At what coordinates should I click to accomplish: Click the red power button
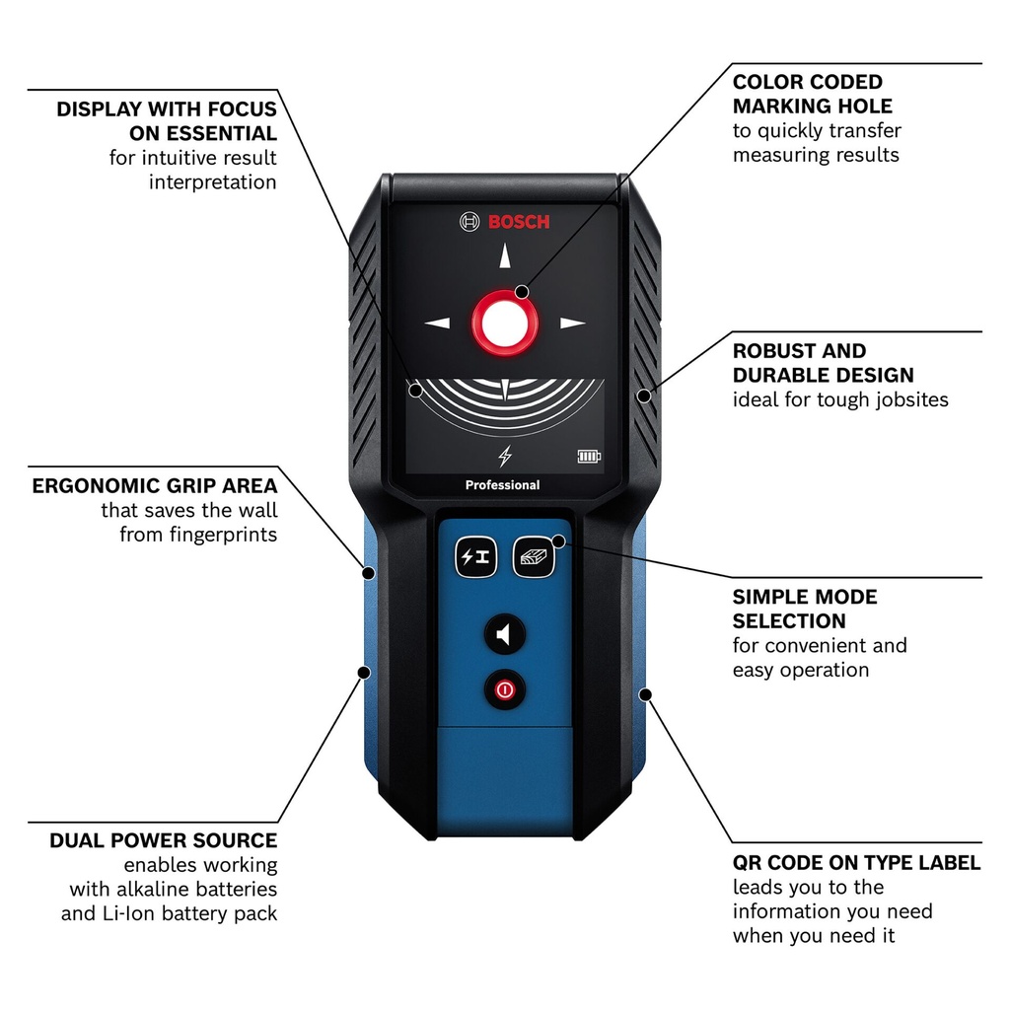coord(505,689)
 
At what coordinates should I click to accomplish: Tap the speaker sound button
coord(505,634)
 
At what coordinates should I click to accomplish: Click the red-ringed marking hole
coord(505,323)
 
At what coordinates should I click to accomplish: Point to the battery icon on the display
coord(589,457)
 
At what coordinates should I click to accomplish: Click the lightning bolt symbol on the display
coord(505,456)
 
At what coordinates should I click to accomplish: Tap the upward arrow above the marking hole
coord(505,256)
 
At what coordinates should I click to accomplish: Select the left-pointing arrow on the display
coord(437,323)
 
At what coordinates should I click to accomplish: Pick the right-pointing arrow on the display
coord(572,323)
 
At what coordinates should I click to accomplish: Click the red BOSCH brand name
coord(519,222)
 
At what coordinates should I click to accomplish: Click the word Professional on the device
coord(503,485)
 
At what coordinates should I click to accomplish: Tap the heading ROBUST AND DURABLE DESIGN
coord(823,363)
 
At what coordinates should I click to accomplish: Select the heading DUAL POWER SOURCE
coord(164,840)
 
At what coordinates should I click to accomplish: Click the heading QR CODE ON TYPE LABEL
coord(856,863)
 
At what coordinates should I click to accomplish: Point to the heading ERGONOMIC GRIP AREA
coord(155,485)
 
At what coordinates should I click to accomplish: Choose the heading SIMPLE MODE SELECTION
coord(804,609)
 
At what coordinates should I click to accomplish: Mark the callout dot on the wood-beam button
coord(558,541)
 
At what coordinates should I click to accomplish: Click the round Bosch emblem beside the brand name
coord(469,222)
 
